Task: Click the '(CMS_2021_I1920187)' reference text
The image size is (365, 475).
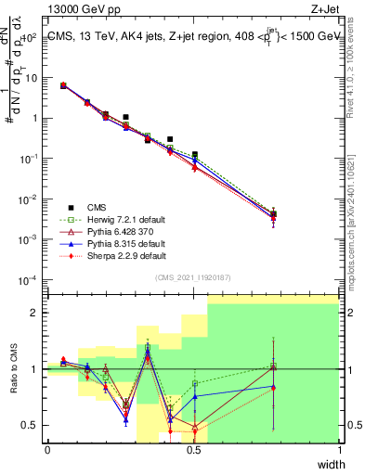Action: click(193, 277)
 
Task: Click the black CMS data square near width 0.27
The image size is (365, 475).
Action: click(126, 117)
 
